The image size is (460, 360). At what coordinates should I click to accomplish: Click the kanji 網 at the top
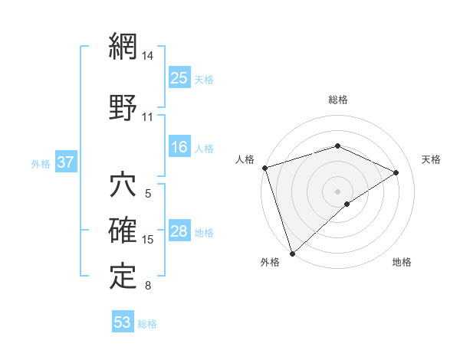(123, 47)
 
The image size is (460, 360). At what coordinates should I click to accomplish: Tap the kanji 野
(123, 107)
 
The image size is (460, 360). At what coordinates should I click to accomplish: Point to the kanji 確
(123, 231)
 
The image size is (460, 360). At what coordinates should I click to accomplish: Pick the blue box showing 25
(180, 78)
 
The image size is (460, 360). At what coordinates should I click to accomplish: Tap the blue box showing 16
(180, 148)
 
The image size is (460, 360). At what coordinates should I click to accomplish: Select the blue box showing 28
(180, 232)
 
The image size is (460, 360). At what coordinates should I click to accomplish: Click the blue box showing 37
(66, 163)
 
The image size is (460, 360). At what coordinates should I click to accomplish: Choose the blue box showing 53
(123, 322)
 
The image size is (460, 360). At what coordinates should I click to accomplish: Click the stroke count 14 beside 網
(148, 57)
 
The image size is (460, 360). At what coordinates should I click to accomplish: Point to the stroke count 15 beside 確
(148, 240)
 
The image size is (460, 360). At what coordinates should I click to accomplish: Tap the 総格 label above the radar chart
(338, 100)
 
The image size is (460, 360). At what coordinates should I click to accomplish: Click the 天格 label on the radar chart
(431, 159)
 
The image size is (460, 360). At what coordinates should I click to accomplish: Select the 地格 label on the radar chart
(402, 262)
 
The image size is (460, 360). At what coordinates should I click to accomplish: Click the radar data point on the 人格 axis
(264, 168)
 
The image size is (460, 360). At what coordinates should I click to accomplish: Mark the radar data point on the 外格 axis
(292, 252)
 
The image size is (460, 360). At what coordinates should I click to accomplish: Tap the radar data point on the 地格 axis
(347, 204)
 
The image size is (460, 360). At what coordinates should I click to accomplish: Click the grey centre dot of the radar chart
(338, 191)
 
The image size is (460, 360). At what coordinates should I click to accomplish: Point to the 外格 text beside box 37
(41, 164)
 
